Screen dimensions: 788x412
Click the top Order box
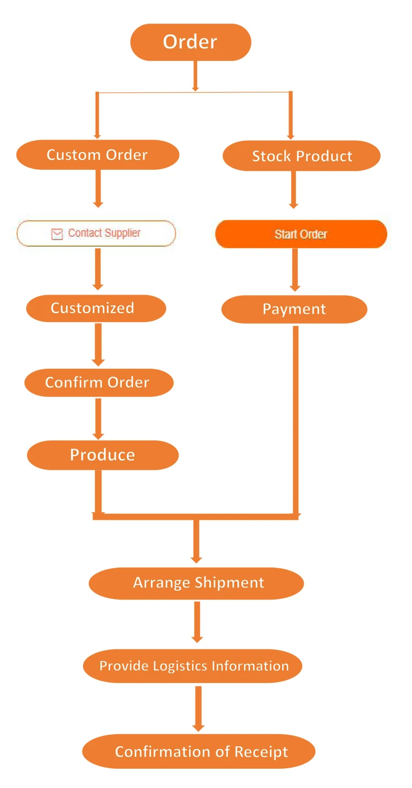190,42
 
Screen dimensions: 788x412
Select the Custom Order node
97,155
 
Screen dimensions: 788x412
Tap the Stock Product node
302,156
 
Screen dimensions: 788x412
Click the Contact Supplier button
97,234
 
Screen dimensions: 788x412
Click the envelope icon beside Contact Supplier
57,234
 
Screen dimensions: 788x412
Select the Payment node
294,309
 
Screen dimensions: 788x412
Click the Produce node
103,455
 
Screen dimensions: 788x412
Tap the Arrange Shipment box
196,583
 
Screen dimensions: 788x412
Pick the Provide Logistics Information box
193,666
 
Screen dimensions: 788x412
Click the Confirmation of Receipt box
199,751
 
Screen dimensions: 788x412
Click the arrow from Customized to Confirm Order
98,345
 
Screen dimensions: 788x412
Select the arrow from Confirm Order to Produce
98,418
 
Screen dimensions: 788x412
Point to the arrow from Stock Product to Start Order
293,189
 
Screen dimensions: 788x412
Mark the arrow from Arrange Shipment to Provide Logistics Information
197,622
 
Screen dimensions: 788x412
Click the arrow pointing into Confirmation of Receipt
198,709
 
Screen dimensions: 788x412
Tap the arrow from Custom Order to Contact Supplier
98,188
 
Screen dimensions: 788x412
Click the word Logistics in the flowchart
179,666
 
